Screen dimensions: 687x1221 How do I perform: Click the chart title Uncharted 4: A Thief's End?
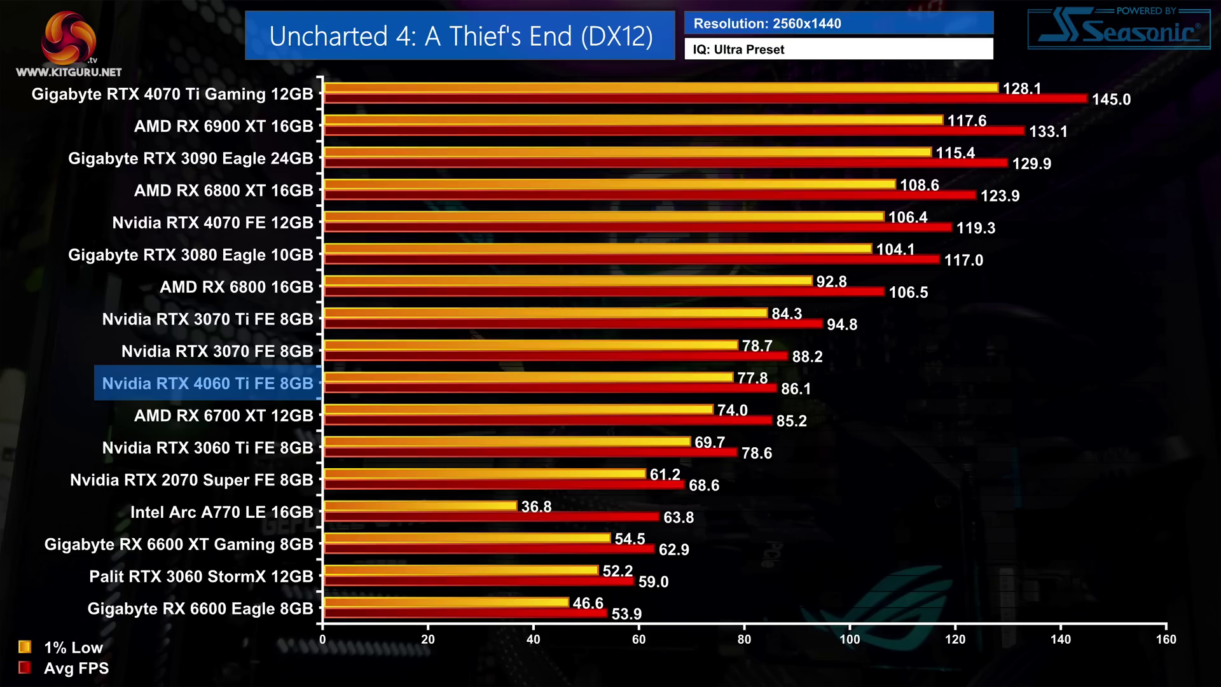tap(460, 36)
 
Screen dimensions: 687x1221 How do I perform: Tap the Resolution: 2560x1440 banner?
tap(838, 24)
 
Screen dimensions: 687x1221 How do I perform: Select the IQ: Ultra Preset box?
tap(838, 50)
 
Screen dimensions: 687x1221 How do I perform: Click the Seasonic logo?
tap(1119, 29)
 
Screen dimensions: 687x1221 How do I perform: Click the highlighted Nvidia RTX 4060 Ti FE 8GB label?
tap(207, 384)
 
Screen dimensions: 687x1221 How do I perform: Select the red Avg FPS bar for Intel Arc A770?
tap(491, 517)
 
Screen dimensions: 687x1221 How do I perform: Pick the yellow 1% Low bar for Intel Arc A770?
tap(420, 506)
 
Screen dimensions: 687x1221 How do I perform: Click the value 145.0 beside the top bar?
tap(1111, 100)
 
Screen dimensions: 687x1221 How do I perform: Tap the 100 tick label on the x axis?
tap(850, 639)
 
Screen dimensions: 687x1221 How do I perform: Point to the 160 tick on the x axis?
tap(1166, 639)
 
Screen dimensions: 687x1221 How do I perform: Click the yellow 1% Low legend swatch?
tap(25, 647)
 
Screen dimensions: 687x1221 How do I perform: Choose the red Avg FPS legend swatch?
tap(25, 667)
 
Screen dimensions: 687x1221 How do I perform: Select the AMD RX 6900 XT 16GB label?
tap(223, 127)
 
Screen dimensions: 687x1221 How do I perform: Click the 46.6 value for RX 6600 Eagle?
tap(588, 603)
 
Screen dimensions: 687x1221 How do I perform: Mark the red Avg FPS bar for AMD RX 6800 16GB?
tap(604, 292)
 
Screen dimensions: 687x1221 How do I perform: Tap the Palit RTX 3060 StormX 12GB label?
tap(201, 577)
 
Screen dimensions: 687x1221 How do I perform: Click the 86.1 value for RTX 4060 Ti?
tap(796, 389)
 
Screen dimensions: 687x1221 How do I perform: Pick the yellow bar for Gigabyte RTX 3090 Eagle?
tap(628, 153)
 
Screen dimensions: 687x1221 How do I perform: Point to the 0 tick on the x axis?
tap(322, 639)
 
